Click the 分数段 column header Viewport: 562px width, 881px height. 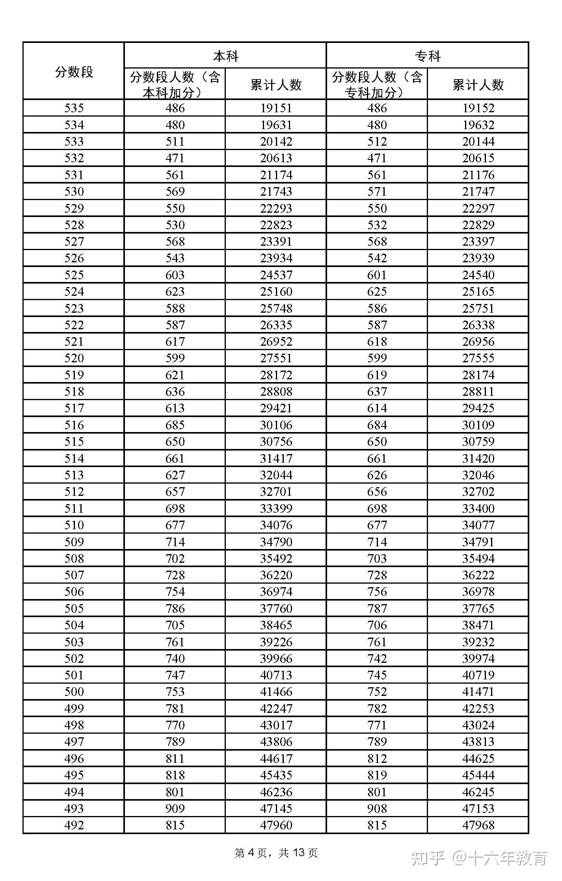74,72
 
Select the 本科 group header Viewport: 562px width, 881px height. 225,56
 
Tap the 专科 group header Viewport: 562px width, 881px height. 427,56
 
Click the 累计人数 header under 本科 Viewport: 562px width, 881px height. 276,84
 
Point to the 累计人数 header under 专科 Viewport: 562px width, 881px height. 478,84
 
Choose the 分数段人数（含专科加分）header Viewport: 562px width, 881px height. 377,84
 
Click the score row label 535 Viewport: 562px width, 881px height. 74,108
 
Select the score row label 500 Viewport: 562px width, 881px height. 74,692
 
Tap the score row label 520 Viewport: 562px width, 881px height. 74,358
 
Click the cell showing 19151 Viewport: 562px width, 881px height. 276,108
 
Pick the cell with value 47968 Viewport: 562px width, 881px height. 478,825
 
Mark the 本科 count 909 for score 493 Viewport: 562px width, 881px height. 175,808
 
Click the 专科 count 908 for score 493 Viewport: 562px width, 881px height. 377,808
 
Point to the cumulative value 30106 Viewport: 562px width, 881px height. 276,425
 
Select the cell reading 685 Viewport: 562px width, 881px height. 175,425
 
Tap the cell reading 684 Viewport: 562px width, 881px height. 377,425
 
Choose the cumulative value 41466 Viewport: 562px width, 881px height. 276,692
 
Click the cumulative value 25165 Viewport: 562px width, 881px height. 478,291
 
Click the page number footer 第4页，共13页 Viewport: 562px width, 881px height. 276,853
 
